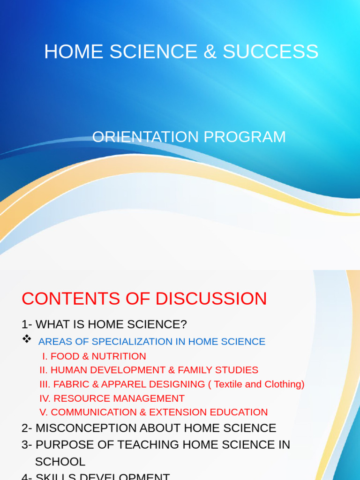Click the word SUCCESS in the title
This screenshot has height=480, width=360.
point(270,52)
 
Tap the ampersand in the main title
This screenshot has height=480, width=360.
point(210,52)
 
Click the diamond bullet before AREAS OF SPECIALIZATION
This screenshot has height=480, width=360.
point(27,339)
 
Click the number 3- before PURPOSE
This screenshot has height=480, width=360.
point(27,445)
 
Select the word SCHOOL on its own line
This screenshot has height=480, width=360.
point(60,462)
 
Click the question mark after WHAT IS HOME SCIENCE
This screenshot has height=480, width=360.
point(184,324)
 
